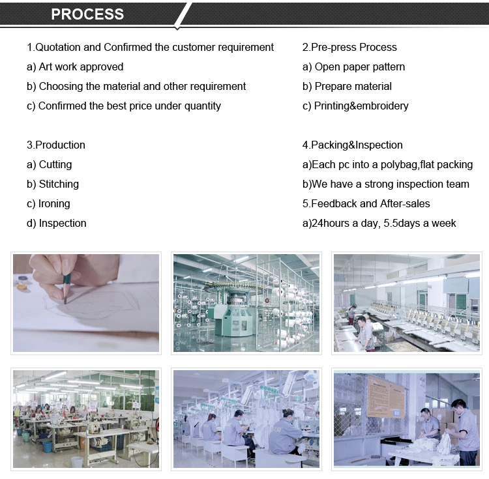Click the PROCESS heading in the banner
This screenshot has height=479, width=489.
[x=87, y=14]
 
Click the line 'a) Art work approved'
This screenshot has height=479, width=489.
[x=75, y=66]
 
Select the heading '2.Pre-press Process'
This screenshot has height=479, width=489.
[x=349, y=47]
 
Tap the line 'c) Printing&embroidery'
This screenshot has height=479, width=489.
[x=355, y=106]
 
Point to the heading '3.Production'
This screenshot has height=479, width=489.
[x=56, y=145]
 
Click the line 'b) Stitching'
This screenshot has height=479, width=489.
[x=53, y=184]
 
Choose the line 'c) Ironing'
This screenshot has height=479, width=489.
[x=48, y=203]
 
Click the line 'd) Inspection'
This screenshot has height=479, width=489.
[x=57, y=223]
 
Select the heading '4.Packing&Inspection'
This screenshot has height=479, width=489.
[x=353, y=145]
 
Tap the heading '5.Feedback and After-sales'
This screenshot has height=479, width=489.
[x=366, y=203]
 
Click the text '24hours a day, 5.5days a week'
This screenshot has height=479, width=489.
[x=384, y=223]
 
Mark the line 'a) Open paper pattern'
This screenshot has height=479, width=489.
[x=353, y=66]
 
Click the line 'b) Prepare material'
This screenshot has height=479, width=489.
[x=347, y=86]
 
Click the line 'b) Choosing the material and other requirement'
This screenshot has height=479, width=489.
[x=136, y=86]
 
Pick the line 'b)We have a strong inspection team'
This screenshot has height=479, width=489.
[x=386, y=184]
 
